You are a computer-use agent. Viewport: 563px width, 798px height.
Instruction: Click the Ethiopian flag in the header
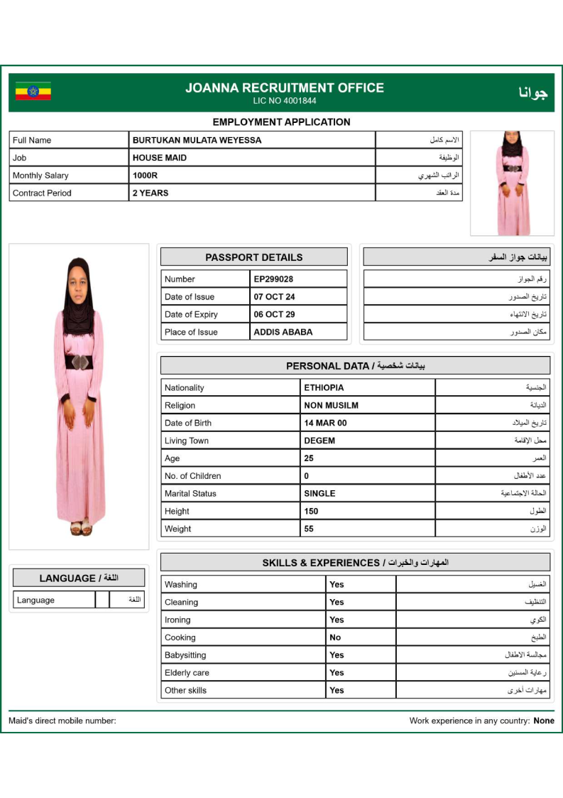[33, 91]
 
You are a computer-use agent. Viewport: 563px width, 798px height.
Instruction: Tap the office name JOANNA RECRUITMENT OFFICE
[285, 88]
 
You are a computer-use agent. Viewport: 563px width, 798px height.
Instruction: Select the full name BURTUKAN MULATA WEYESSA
[197, 140]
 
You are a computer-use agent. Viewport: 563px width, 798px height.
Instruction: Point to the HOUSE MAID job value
[160, 158]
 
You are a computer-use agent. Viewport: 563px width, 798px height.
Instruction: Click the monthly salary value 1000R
[145, 176]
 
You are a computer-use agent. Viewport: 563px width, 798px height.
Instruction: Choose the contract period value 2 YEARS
[151, 193]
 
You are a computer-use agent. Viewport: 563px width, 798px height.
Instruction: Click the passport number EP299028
[273, 279]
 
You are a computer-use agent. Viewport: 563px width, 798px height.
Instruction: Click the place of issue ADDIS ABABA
[283, 332]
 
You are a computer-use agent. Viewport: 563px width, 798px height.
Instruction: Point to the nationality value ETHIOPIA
[324, 388]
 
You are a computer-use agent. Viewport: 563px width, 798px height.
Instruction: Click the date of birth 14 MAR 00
[325, 423]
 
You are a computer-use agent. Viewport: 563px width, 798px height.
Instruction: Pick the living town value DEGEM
[319, 441]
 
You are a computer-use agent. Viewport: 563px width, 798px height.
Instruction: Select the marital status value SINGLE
[319, 493]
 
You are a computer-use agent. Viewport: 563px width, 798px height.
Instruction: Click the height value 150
[311, 511]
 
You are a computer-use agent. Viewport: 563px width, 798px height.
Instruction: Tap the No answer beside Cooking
[335, 637]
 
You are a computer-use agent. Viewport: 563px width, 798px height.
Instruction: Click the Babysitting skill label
[185, 655]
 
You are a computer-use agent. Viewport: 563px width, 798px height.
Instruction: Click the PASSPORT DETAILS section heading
[253, 257]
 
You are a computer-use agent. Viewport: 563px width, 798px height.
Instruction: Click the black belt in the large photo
[79, 362]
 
